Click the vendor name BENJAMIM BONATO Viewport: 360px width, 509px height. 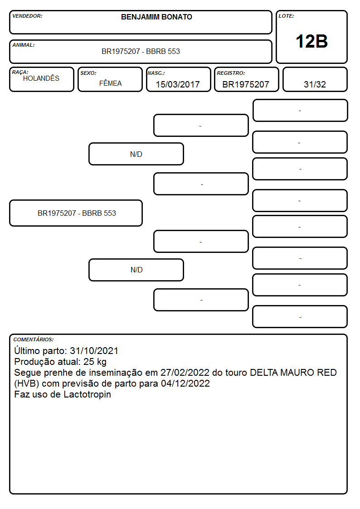tap(156, 17)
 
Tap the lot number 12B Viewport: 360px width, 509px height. tap(311, 42)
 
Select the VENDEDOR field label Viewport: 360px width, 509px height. tap(27, 16)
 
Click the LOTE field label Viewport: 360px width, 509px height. tap(286, 16)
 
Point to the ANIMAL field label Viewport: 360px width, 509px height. tap(24, 45)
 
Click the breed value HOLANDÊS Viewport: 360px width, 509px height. tap(41, 78)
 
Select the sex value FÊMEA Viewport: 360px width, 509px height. tap(110, 83)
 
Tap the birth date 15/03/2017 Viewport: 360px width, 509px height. tap(178, 84)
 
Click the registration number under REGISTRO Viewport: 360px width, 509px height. tap(246, 84)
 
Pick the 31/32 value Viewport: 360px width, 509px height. tap(315, 84)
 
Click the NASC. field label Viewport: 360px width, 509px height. tap(156, 73)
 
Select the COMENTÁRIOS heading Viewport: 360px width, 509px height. tap(34, 339)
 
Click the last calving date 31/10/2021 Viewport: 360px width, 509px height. tap(94, 351)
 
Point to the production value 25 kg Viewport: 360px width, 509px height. tap(95, 362)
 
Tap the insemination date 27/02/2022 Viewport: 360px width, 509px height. tap(185, 373)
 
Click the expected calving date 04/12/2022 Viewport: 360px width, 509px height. tap(185, 384)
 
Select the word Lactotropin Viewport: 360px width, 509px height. tap(88, 394)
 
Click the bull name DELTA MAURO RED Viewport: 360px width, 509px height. tap(293, 373)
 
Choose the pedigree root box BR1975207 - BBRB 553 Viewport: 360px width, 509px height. tap(76, 213)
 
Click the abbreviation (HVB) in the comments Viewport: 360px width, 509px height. tap(27, 384)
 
